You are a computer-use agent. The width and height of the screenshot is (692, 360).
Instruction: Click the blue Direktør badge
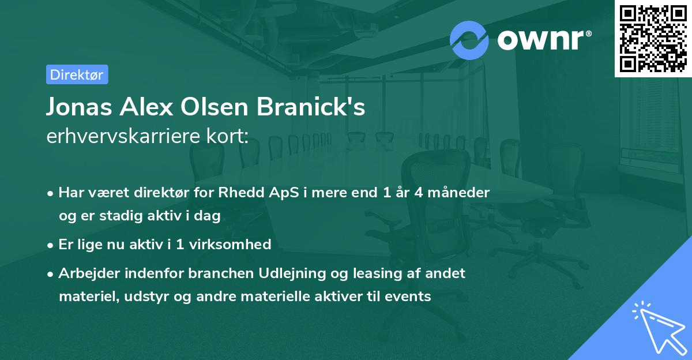coord(77,74)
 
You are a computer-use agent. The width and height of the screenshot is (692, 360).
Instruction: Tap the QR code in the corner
coord(653,38)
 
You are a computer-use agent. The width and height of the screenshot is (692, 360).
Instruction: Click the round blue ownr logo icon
coord(469,40)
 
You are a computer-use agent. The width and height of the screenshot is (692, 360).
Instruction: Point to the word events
coord(410,297)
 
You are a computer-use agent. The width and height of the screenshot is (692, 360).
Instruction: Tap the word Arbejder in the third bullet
coord(85,273)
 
